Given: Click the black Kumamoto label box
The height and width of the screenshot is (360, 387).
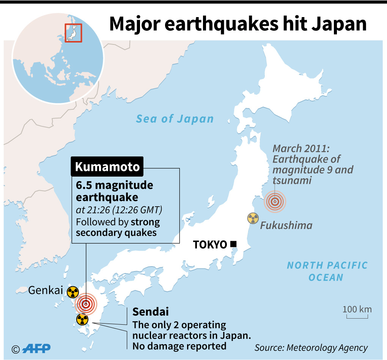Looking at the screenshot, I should click(x=107, y=167).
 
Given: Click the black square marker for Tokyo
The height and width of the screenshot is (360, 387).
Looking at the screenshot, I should click(x=233, y=244).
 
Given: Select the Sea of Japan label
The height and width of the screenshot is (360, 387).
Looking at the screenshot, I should click(x=175, y=119).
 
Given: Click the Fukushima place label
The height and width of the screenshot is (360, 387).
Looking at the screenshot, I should click(x=286, y=226).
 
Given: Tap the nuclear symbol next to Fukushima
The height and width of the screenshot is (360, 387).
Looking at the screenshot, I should click(x=253, y=218).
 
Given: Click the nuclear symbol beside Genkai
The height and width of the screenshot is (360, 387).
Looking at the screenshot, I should click(x=73, y=292).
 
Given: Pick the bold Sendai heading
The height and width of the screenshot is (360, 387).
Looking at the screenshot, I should click(x=150, y=312).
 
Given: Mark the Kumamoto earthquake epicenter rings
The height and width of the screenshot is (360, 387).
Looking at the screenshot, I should click(x=87, y=304).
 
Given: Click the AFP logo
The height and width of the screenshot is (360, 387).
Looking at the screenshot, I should click(x=36, y=348).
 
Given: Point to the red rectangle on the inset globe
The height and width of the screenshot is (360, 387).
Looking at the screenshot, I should click(x=73, y=33).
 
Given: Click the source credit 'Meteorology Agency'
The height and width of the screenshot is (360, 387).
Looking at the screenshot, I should click(x=327, y=347).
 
